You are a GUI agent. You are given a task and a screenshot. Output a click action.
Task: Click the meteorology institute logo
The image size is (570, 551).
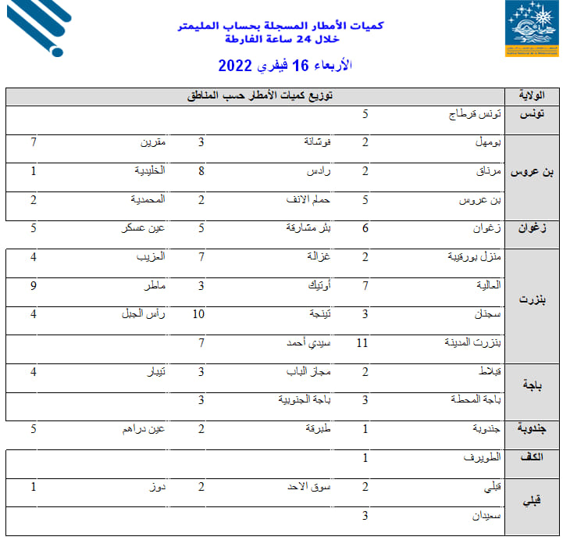531,28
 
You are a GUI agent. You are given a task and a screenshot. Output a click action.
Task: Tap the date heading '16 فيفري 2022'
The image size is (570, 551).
285,66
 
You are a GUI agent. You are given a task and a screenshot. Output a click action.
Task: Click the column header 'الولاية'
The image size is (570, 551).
532,96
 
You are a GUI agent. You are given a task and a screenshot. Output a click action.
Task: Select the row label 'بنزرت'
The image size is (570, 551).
532,299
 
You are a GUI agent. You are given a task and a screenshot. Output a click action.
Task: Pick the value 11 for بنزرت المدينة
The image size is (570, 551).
361,342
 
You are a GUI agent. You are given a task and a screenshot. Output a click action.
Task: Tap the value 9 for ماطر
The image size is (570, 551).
34,285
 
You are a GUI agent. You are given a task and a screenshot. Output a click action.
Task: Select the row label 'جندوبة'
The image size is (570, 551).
532,428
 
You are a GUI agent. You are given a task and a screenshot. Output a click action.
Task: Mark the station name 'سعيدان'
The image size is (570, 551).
485,516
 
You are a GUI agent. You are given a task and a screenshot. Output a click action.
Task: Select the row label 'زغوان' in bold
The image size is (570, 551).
532,228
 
